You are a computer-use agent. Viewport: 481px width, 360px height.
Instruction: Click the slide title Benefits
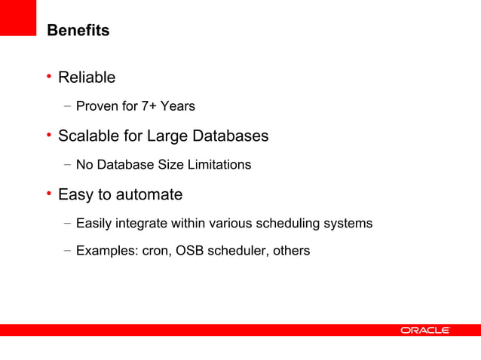click(x=78, y=31)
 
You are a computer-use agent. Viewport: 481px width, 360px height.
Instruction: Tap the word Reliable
click(x=87, y=78)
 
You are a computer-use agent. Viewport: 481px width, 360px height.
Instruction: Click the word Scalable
click(x=89, y=136)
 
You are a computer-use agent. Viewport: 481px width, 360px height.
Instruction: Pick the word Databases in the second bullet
click(x=229, y=136)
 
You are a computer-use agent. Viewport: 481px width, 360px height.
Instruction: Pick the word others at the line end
click(x=290, y=251)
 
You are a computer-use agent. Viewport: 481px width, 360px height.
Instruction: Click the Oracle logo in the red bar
click(x=424, y=330)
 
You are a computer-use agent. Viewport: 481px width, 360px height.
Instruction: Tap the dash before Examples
click(x=68, y=251)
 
